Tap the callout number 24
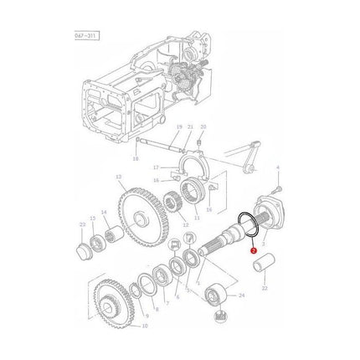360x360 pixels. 242,296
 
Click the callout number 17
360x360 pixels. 167,167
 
